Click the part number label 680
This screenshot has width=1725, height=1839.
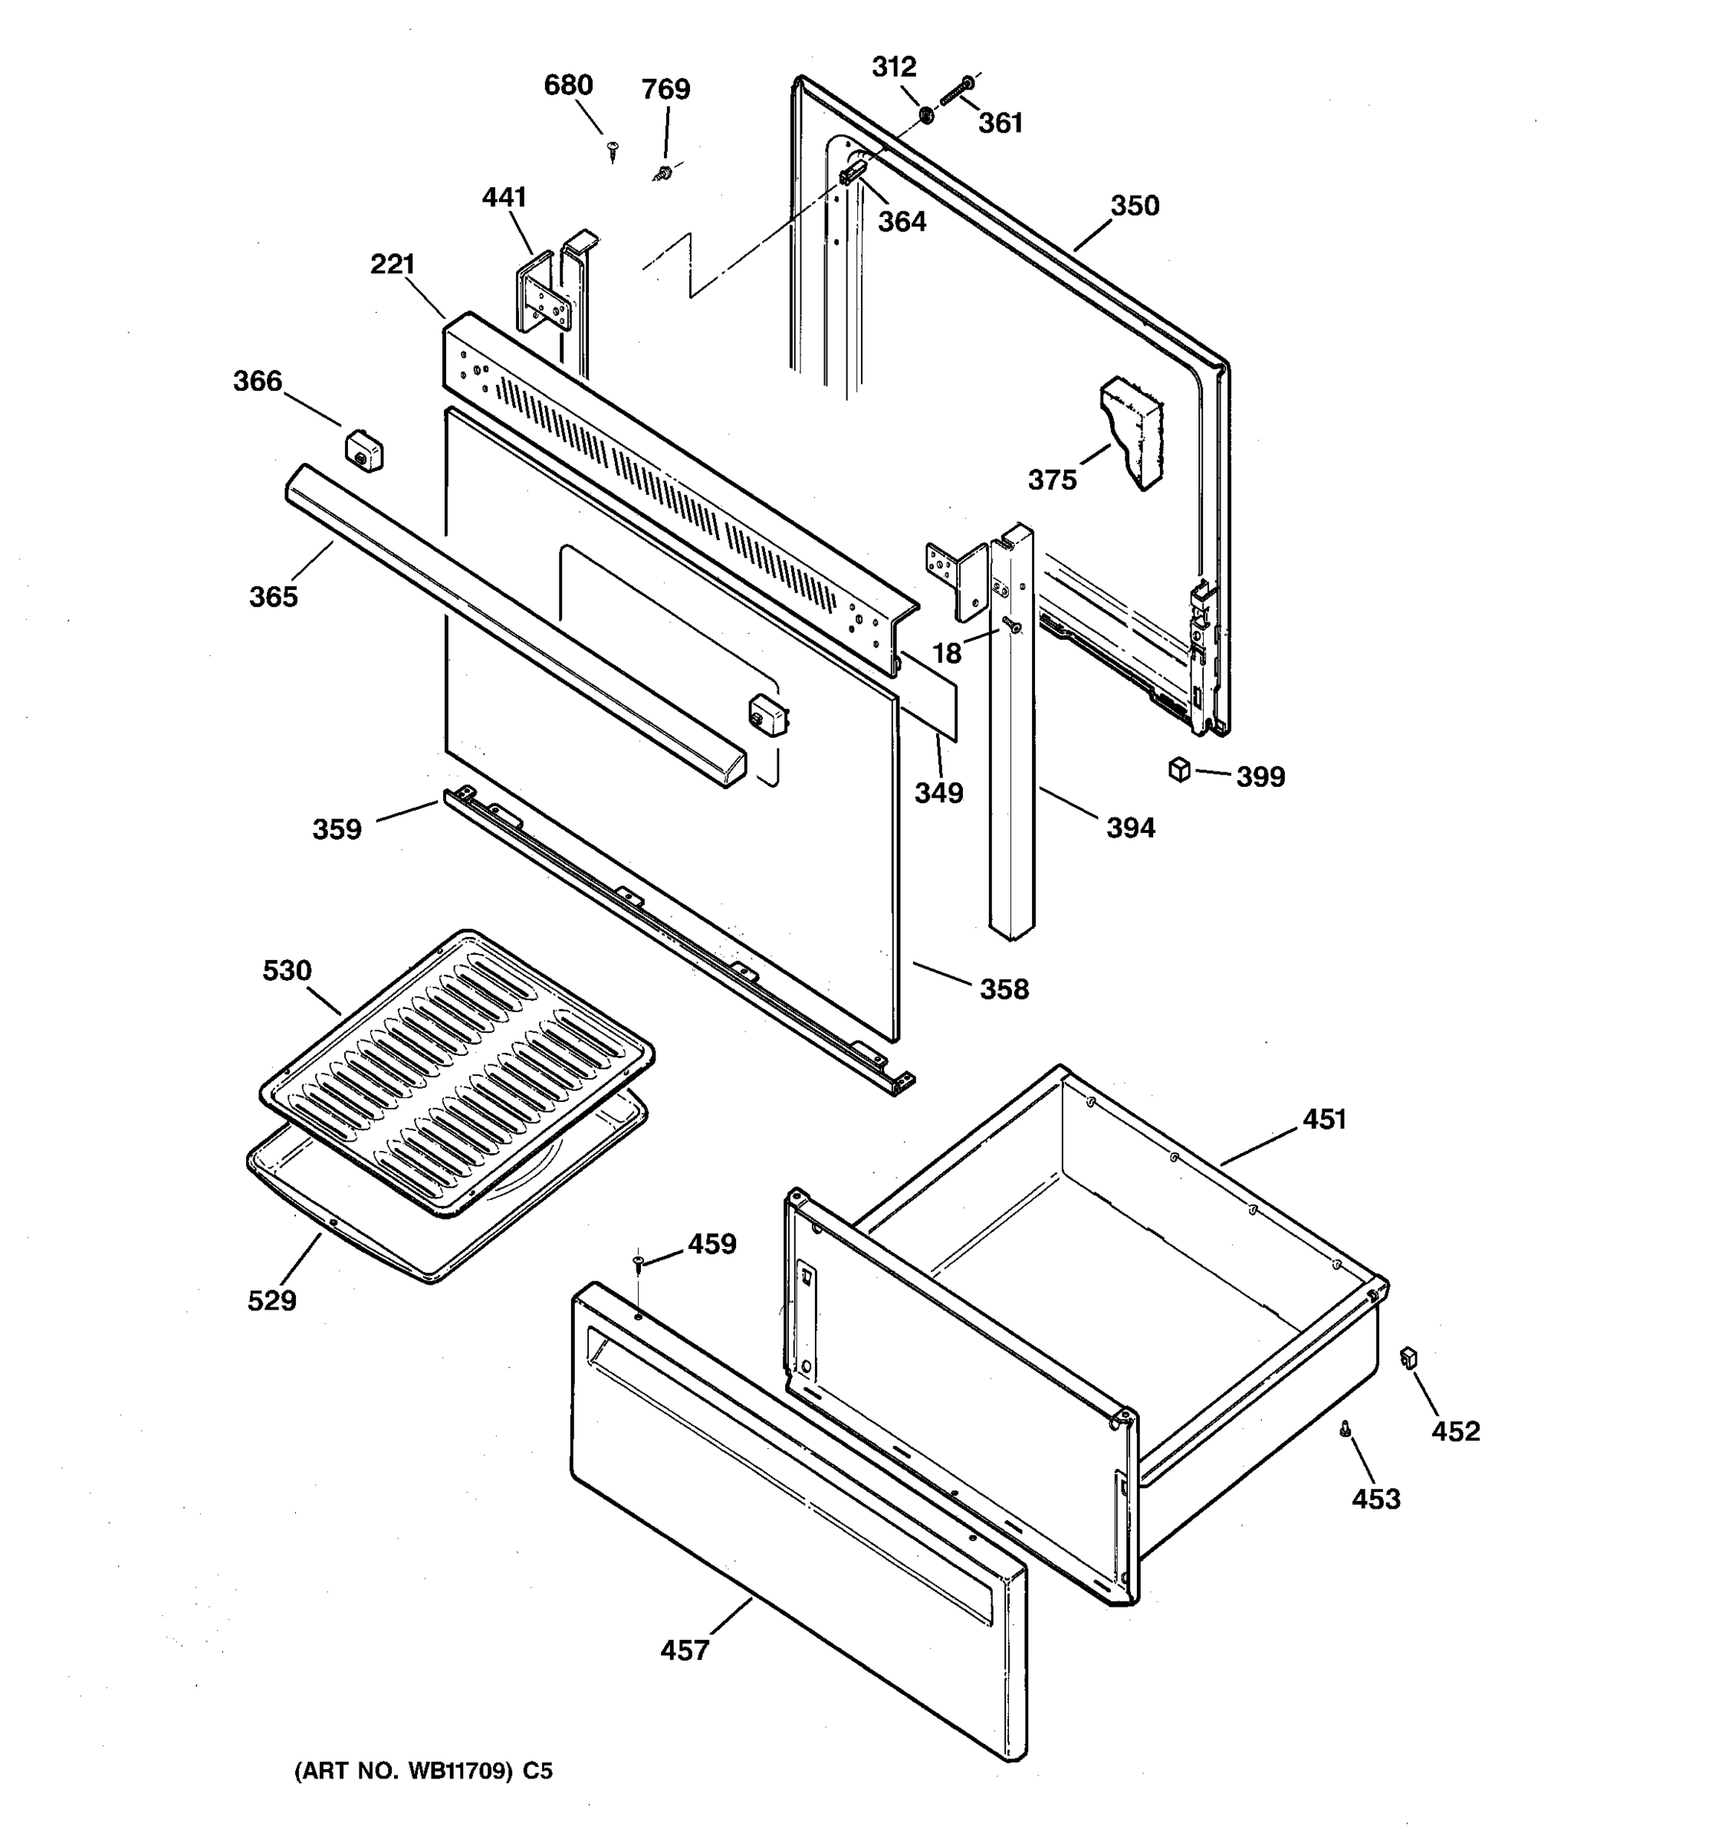[567, 85]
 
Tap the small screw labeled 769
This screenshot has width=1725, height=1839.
[662, 172]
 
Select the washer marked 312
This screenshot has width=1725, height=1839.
[925, 116]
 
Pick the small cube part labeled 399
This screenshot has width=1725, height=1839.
[1179, 769]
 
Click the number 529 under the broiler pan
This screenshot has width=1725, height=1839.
[272, 1300]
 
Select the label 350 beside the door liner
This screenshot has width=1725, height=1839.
[1135, 205]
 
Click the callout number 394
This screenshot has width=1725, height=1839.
[1130, 827]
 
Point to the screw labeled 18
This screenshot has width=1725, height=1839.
[1013, 626]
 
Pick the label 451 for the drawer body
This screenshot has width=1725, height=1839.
[1323, 1119]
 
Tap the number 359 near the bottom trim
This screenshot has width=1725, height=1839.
[336, 829]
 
